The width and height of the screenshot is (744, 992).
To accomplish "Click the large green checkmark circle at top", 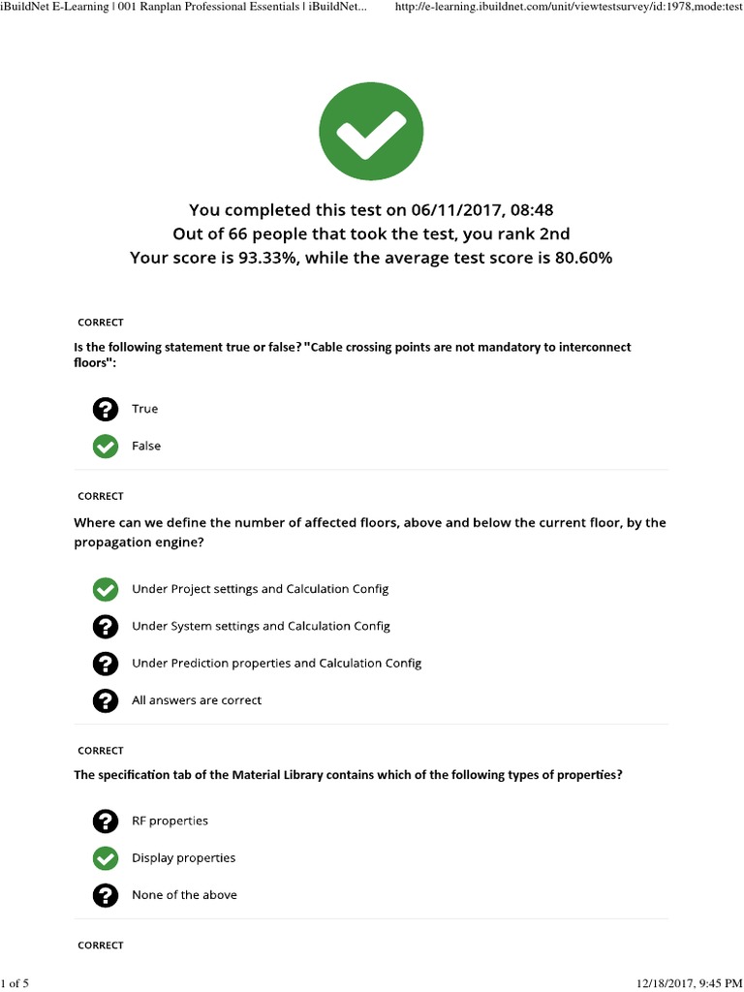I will pos(371,130).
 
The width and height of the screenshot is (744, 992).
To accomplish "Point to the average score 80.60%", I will pos(579,259).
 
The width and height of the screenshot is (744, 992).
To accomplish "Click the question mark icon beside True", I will pos(105,410).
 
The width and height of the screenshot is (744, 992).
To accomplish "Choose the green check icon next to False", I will pos(105,447).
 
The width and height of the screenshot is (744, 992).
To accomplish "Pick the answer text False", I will pos(146,447).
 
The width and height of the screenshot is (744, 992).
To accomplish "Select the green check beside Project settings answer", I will pos(105,589).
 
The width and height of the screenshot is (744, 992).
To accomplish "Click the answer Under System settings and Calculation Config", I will pos(261,627).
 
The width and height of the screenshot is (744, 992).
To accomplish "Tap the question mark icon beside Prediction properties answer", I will pos(105,664).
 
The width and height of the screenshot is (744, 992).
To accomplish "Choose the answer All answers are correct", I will pos(197,700).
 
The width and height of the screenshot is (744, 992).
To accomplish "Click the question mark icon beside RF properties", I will pos(105,821).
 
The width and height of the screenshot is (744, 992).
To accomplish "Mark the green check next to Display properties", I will pos(105,858).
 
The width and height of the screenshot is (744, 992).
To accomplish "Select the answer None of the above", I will pos(184,895).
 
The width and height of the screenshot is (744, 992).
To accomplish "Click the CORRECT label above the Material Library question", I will pos(101,751).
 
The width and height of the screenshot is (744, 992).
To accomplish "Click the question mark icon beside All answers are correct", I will pos(105,700).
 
